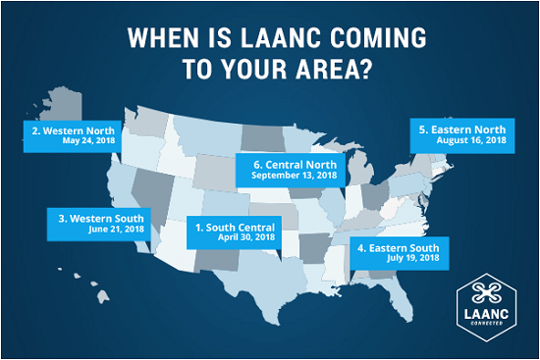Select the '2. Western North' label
click(x=73, y=129)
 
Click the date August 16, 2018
click(x=470, y=141)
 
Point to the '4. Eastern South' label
click(x=398, y=248)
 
